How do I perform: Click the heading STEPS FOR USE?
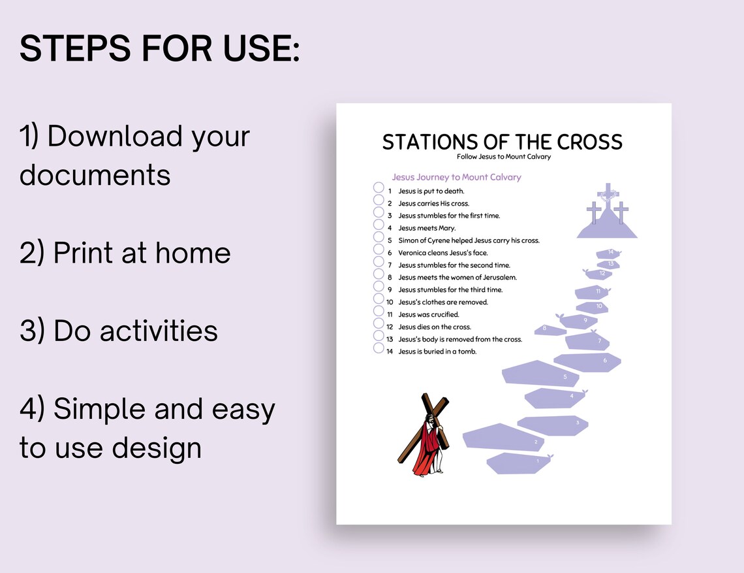159,48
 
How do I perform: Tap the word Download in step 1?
115,137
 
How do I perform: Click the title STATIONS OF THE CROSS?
503,142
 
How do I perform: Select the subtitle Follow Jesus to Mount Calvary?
504,157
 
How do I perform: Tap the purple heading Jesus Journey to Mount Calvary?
456,177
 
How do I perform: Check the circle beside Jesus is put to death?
378,188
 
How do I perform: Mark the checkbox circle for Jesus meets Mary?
378,225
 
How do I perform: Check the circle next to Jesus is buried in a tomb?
378,348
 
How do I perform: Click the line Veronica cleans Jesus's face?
443,253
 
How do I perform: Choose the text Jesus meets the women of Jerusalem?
457,278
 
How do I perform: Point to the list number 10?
390,302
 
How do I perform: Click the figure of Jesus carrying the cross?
424,434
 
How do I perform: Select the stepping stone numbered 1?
519,463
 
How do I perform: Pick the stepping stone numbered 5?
540,374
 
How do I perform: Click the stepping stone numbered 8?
550,330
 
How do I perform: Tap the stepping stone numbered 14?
608,254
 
